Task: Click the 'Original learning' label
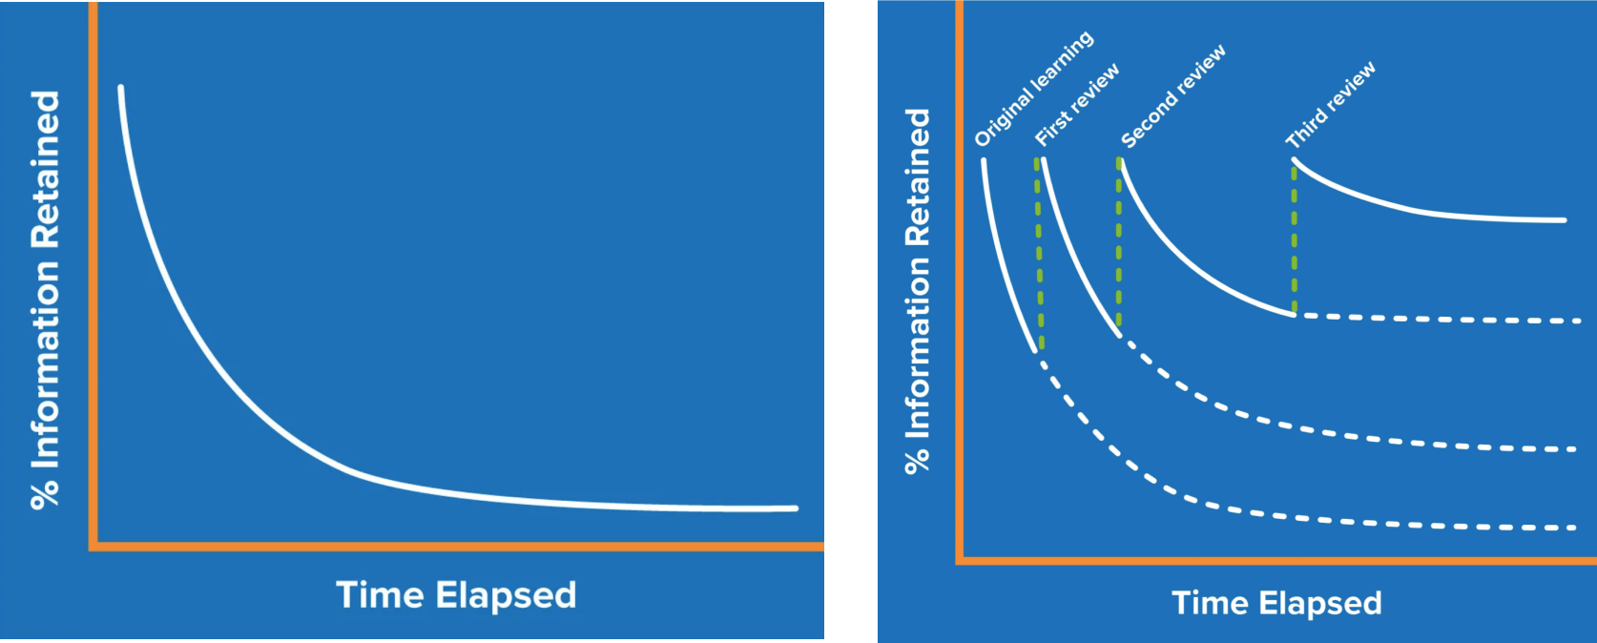click(1033, 89)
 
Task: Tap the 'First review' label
click(1077, 105)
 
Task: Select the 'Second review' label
click(1172, 96)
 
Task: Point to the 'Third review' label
click(1330, 105)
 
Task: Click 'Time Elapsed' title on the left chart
click(456, 595)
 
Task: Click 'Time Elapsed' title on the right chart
click(1276, 603)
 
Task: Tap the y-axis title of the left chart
click(46, 300)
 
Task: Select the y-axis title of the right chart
click(917, 290)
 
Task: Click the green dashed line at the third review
click(1294, 239)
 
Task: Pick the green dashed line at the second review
click(1119, 243)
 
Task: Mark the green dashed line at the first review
click(1039, 253)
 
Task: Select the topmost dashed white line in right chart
click(1431, 319)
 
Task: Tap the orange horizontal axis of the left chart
click(458, 547)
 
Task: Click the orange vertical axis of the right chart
click(960, 286)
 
